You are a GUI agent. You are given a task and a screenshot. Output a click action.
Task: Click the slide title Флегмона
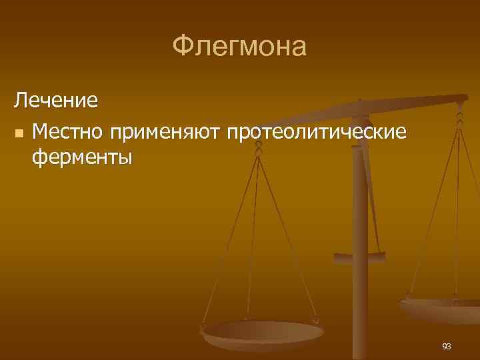point(239,47)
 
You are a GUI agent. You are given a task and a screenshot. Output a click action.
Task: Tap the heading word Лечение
point(56,101)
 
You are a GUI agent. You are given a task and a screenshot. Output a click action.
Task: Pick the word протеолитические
point(316,133)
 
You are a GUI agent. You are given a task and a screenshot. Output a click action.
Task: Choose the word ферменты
point(81,158)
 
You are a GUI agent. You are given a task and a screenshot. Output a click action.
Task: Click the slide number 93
point(446,346)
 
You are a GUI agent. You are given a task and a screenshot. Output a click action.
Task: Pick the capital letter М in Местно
point(39,132)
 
